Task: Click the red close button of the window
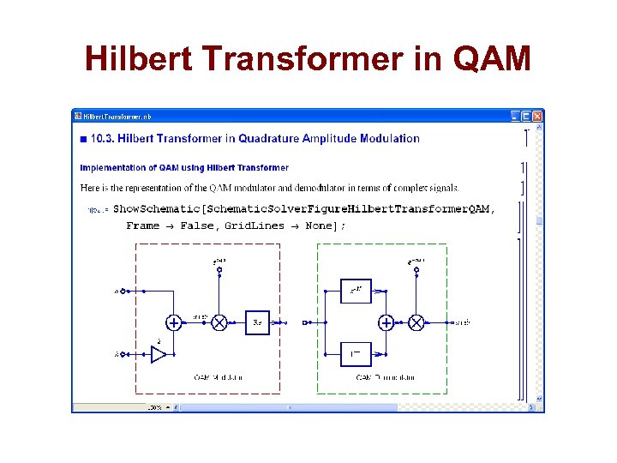[x=537, y=116]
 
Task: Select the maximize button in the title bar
[x=526, y=116]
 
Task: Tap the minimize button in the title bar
[x=515, y=116]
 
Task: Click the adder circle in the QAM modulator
[x=173, y=322]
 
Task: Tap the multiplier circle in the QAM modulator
[x=219, y=322]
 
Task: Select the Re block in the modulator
[x=257, y=322]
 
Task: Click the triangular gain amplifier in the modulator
[x=159, y=353]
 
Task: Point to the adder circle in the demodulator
[x=386, y=322]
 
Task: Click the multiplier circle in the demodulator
[x=416, y=322]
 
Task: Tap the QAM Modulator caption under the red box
[x=219, y=377]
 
